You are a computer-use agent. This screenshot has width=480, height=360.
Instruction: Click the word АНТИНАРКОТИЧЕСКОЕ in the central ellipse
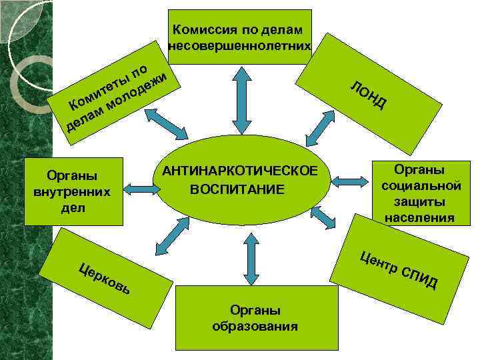(245, 172)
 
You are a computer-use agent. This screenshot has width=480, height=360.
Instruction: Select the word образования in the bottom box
(255, 326)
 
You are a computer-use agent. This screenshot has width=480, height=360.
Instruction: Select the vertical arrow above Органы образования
(251, 255)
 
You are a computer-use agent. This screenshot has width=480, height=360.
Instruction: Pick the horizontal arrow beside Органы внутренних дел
(141, 189)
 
